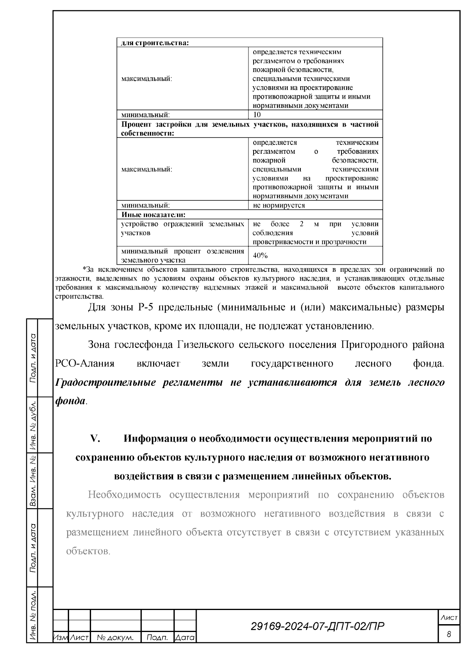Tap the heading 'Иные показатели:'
[153, 214]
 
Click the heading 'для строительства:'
[155, 42]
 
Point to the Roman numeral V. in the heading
[96, 439]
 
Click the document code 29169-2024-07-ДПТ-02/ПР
[317, 626]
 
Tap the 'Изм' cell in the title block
[60, 638]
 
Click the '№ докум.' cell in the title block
[115, 638]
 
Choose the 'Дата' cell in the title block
[185, 638]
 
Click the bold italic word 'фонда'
[70, 401]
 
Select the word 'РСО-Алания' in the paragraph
[84, 363]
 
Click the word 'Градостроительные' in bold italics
[106, 382]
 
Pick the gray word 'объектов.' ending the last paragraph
[88, 551]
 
